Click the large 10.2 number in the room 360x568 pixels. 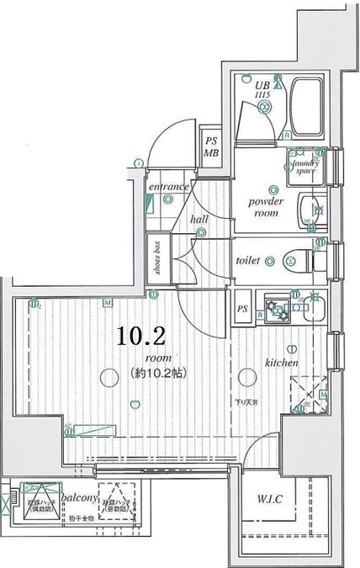click(140, 337)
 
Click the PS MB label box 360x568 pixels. click(209, 147)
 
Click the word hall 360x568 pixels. click(199, 219)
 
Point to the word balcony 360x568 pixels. click(77, 496)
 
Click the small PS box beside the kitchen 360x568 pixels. click(242, 308)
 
